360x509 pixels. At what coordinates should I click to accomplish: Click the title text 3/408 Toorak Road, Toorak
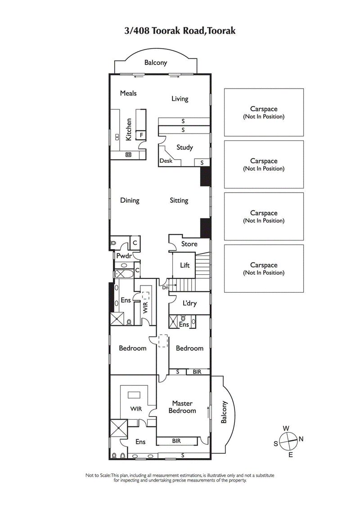pos(180,31)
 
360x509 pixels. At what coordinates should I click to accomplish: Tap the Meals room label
pos(128,93)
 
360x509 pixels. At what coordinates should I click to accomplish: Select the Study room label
pos(184,147)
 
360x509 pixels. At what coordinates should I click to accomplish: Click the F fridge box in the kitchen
pos(141,134)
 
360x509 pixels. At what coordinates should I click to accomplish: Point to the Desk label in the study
pos(166,161)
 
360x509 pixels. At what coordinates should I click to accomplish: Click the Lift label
pos(184,265)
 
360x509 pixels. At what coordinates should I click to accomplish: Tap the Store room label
pos(189,244)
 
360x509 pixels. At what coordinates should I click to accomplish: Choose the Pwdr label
pos(123,256)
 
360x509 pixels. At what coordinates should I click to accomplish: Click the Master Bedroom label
pos(182,407)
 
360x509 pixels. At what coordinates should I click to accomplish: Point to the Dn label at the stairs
pos(165,288)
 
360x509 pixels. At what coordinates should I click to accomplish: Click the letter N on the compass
pos(301,439)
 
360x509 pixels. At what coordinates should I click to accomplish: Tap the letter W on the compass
pos(286,428)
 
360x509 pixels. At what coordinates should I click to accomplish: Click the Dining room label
pos(130,201)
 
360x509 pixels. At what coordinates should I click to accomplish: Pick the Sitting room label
pos(179,201)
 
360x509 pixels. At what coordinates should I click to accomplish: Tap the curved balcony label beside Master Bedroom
pos(224,412)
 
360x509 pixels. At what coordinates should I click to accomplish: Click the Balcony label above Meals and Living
pos(156,63)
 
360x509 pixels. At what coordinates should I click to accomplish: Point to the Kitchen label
pos(129,129)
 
